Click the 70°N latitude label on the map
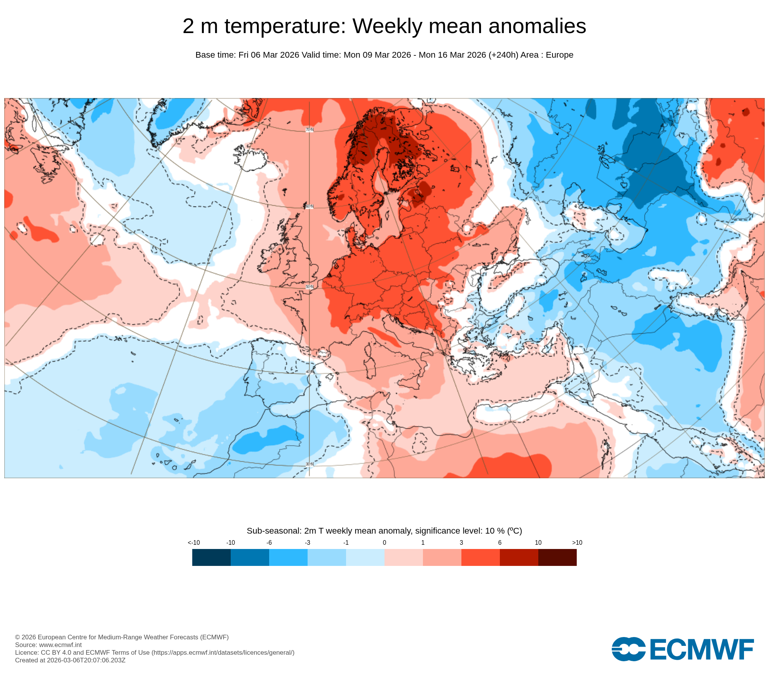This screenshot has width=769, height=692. coord(310,130)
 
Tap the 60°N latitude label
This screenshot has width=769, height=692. coord(310,206)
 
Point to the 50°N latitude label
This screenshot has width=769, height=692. coord(310,287)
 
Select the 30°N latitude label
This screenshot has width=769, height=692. coord(310,464)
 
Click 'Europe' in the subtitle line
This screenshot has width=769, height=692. coord(559,55)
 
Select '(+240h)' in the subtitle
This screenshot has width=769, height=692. coord(503,55)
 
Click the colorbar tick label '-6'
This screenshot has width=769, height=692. coord(269,542)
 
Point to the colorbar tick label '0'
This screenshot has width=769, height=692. coord(384,542)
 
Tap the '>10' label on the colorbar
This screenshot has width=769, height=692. coord(577,542)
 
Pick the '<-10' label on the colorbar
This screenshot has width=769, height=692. coord(194,542)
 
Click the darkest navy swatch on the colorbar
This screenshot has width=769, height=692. coord(211,557)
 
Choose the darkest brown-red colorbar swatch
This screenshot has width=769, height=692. coord(558,557)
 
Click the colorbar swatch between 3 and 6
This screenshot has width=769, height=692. coord(481,557)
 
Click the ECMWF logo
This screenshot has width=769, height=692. coord(682,649)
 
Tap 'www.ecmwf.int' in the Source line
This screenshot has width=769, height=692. coord(60,645)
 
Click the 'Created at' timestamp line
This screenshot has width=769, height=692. coord(70,660)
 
